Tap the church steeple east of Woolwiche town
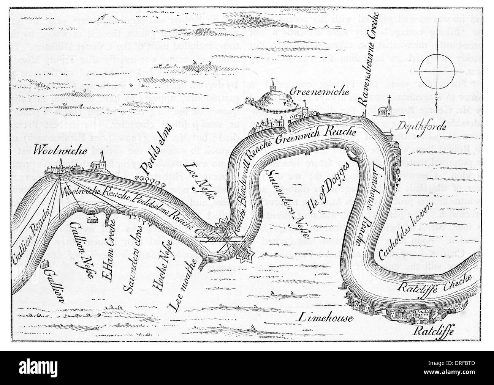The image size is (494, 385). click(101, 162)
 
